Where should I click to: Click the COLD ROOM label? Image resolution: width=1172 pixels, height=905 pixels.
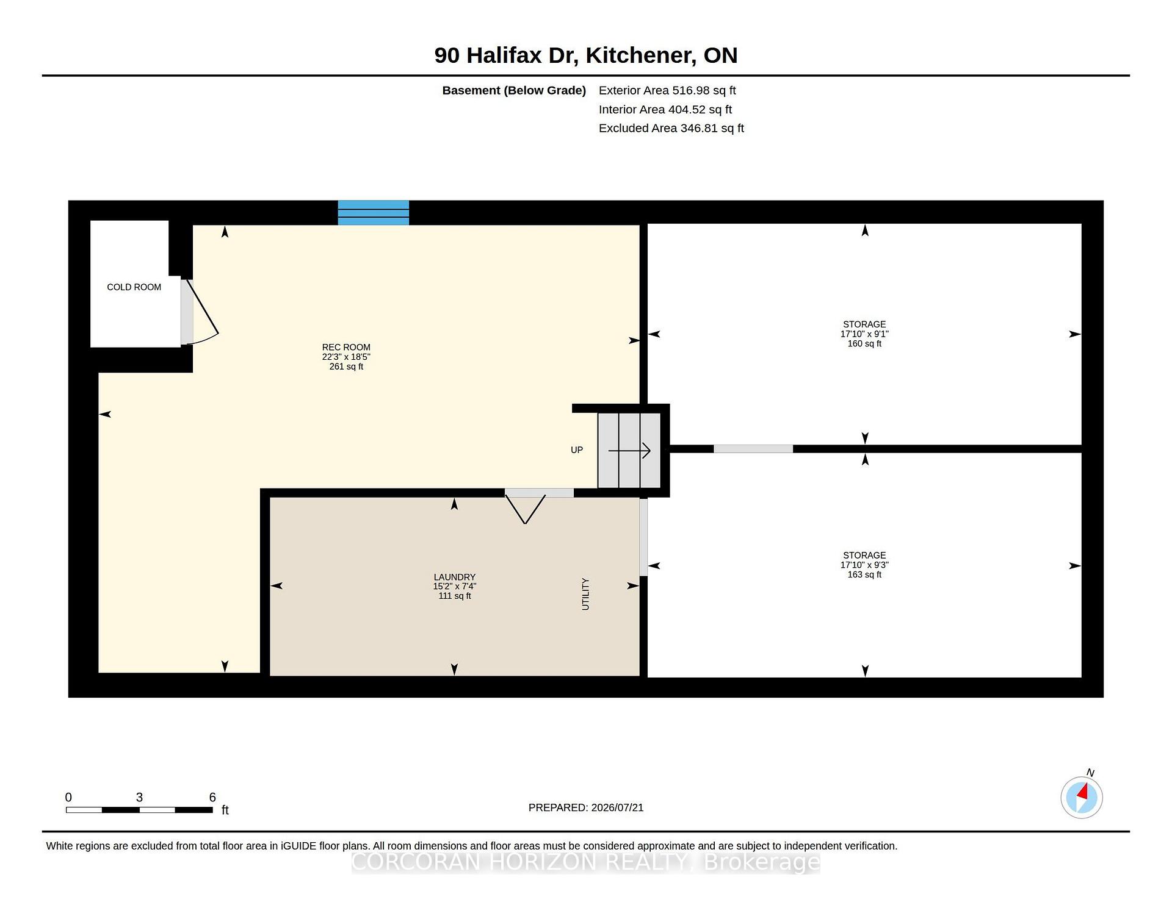tap(134, 287)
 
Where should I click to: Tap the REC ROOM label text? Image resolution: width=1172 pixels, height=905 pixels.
tap(346, 347)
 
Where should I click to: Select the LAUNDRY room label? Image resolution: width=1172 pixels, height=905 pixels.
tap(454, 577)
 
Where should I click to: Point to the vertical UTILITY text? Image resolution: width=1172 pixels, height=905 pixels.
tap(585, 594)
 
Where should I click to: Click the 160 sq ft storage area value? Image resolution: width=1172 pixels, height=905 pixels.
tap(864, 344)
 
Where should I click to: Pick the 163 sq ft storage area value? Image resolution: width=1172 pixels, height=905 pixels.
tap(864, 574)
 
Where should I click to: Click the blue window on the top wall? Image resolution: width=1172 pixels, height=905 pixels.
tap(374, 213)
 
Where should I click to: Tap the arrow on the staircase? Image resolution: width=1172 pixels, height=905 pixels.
tap(629, 451)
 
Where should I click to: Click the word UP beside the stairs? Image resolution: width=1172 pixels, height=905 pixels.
tap(577, 450)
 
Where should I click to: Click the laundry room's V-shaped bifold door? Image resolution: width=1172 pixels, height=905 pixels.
tap(525, 509)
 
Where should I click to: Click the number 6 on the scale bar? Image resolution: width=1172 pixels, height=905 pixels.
tap(212, 797)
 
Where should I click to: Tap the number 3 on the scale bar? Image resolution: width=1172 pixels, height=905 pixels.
tap(139, 797)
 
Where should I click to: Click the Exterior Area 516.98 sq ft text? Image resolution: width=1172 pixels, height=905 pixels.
tap(667, 90)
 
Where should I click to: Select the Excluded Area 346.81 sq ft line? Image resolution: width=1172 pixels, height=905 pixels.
tap(671, 128)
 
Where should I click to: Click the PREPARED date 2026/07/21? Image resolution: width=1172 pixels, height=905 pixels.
tap(617, 807)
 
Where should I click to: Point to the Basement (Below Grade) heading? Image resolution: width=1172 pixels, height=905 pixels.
tap(514, 90)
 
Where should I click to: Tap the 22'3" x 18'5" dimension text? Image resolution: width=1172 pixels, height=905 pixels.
tap(346, 357)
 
